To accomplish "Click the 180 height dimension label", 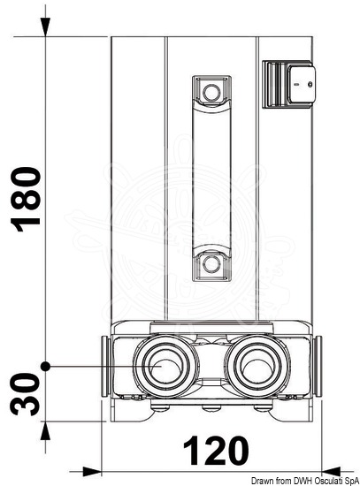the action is pyautogui.click(x=26, y=200).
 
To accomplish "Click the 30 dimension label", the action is pyautogui.click(x=26, y=394).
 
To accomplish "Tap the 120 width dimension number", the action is pyautogui.click(x=216, y=451).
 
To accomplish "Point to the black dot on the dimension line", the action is pyautogui.click(x=46, y=366).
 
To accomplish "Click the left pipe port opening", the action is pyautogui.click(x=165, y=366).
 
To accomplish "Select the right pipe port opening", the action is pyautogui.click(x=257, y=366).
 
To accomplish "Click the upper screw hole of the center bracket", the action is pyautogui.click(x=211, y=93).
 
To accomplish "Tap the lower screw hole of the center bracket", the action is pyautogui.click(x=211, y=264).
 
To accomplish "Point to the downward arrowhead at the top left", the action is pyautogui.click(x=46, y=27).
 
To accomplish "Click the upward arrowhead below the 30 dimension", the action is pyautogui.click(x=46, y=431).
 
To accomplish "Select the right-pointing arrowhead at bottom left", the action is pyautogui.click(x=92, y=472).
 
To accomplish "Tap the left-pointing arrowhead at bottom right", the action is pyautogui.click(x=332, y=472).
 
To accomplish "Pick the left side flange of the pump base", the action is pyautogui.click(x=105, y=366).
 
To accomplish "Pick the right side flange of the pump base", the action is pyautogui.click(x=318, y=366).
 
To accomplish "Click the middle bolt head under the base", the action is pyautogui.click(x=211, y=408).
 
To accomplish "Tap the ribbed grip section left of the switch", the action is pyautogui.click(x=275, y=84).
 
